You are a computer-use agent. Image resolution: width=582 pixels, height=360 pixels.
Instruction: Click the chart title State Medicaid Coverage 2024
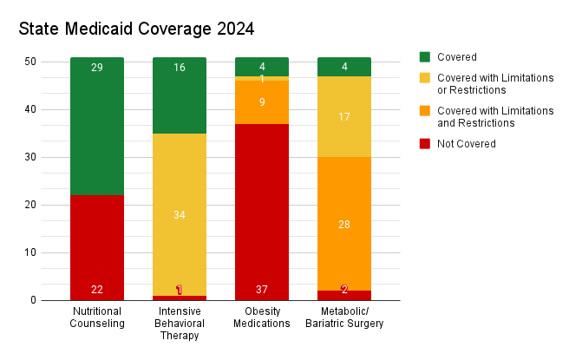click(x=136, y=29)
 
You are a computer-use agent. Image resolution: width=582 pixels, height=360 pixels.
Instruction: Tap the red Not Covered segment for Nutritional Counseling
click(x=97, y=247)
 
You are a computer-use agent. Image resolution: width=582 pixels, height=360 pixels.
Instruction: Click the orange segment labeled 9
click(x=262, y=102)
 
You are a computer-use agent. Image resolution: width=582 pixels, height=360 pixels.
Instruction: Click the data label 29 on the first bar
click(x=97, y=68)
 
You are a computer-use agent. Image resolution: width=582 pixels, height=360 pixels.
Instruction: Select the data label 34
click(x=180, y=215)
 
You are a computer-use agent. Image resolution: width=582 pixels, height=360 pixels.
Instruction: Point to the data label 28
click(x=344, y=225)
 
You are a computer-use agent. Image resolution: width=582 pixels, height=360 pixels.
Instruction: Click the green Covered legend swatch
click(x=425, y=57)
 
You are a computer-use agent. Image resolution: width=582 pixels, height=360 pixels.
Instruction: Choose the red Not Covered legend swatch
click(x=425, y=143)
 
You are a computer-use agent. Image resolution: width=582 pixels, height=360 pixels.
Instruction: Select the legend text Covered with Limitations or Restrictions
click(x=495, y=84)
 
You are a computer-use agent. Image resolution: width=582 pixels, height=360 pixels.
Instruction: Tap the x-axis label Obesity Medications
click(x=262, y=317)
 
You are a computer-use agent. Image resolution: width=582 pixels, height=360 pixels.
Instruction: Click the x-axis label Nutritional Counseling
click(x=97, y=317)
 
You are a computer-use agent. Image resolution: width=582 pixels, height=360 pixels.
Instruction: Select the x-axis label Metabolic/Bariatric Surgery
click(x=344, y=317)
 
